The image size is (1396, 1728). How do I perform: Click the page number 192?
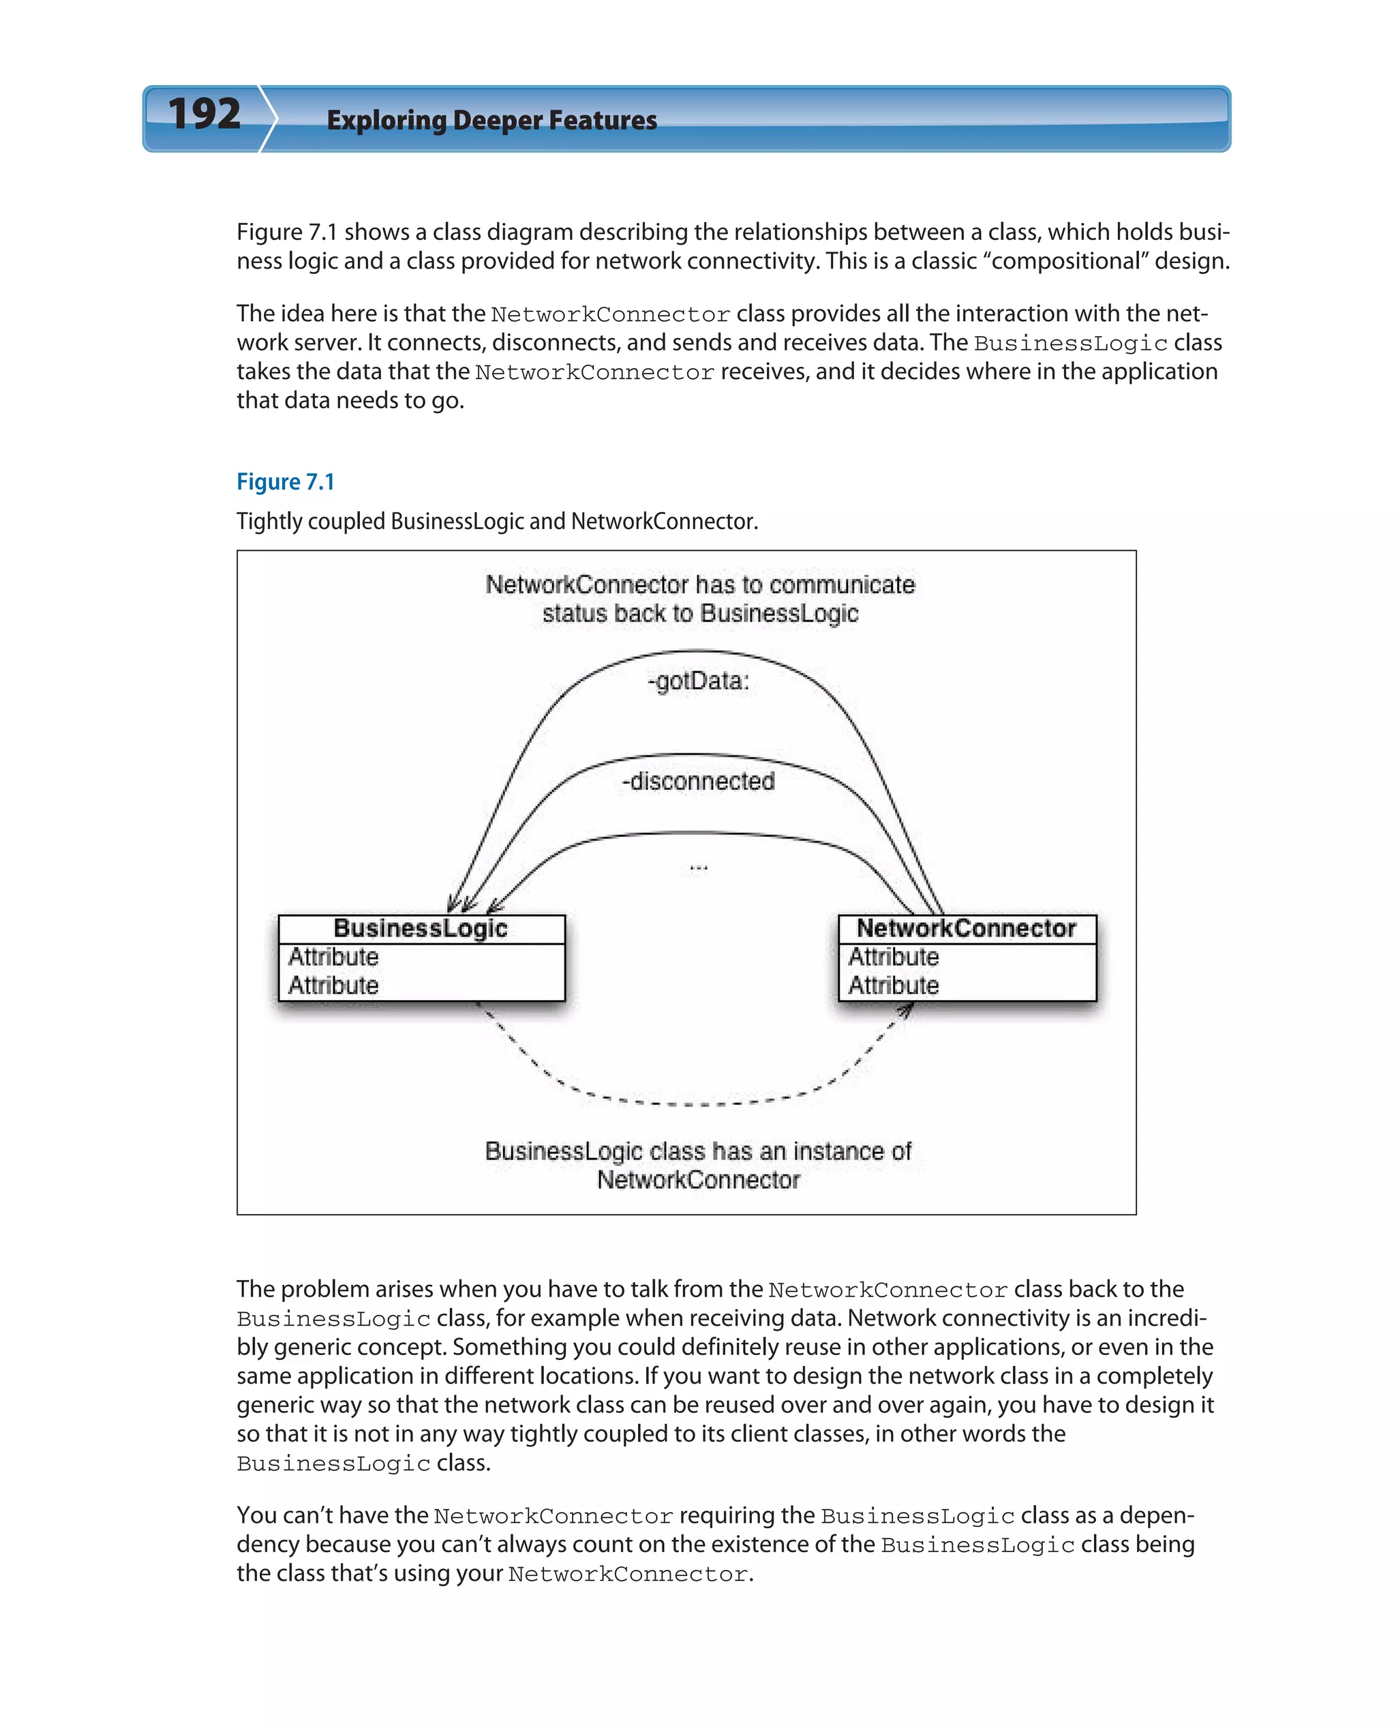(204, 115)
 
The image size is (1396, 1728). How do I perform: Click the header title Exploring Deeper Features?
(491, 121)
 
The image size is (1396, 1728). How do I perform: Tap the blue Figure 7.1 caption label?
(285, 482)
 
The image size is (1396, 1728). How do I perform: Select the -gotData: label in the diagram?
(698, 681)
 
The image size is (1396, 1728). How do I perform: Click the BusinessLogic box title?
(421, 928)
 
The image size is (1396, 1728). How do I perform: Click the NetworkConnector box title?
(966, 928)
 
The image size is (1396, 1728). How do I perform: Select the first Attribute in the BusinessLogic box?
(333, 957)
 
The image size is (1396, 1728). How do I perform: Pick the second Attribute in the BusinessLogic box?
(333, 985)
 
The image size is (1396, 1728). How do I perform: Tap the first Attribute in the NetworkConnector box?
(894, 957)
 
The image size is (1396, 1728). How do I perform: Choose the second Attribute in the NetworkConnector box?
(894, 985)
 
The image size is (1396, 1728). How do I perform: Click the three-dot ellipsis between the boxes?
(698, 868)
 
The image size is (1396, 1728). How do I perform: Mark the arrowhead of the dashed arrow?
(908, 1009)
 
